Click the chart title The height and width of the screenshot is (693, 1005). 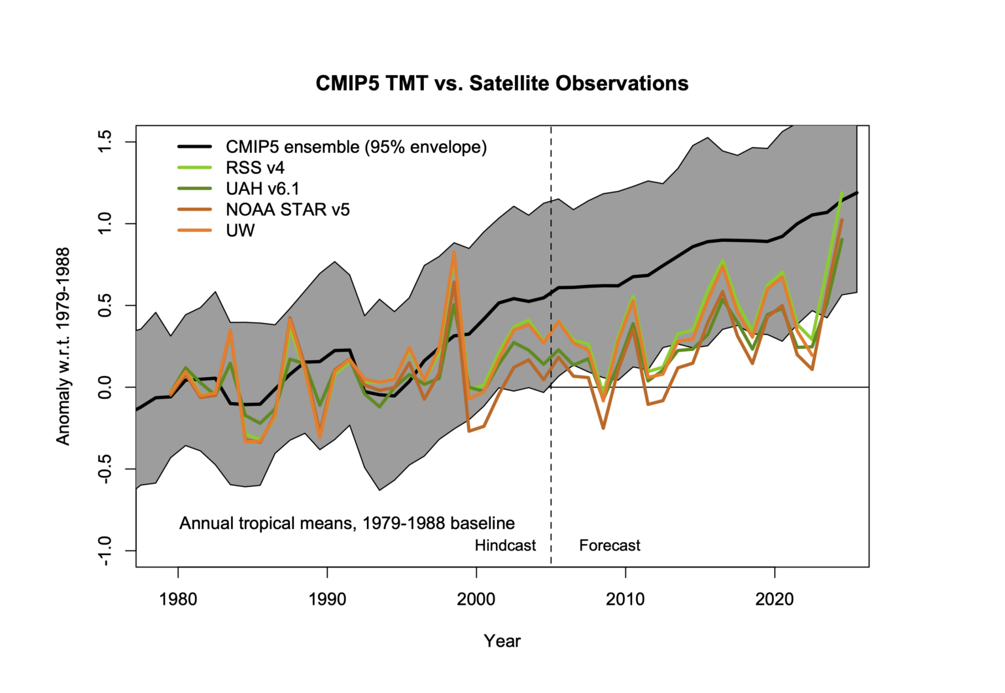pyautogui.click(x=502, y=84)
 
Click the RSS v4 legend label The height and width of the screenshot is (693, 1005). pyautogui.click(x=255, y=168)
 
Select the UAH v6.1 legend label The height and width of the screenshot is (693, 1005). pyautogui.click(x=262, y=189)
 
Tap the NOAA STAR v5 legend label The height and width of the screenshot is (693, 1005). pyautogui.click(x=287, y=210)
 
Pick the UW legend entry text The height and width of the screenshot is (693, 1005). pyautogui.click(x=240, y=231)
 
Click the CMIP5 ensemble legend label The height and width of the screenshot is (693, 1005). pyautogui.click(x=356, y=147)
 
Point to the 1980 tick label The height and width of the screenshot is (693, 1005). pyautogui.click(x=178, y=599)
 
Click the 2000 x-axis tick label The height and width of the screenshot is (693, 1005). pyautogui.click(x=476, y=599)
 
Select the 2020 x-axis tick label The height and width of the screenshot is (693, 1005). pyautogui.click(x=775, y=599)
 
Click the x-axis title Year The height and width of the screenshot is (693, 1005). pyautogui.click(x=502, y=641)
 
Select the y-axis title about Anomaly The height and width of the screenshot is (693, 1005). pyautogui.click(x=63, y=346)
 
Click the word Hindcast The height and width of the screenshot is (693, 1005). pyautogui.click(x=505, y=545)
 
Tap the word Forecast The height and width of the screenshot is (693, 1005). pyautogui.click(x=609, y=545)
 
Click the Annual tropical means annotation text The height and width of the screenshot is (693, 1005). pyautogui.click(x=347, y=524)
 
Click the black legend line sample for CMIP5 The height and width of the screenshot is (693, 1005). pyautogui.click(x=194, y=147)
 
